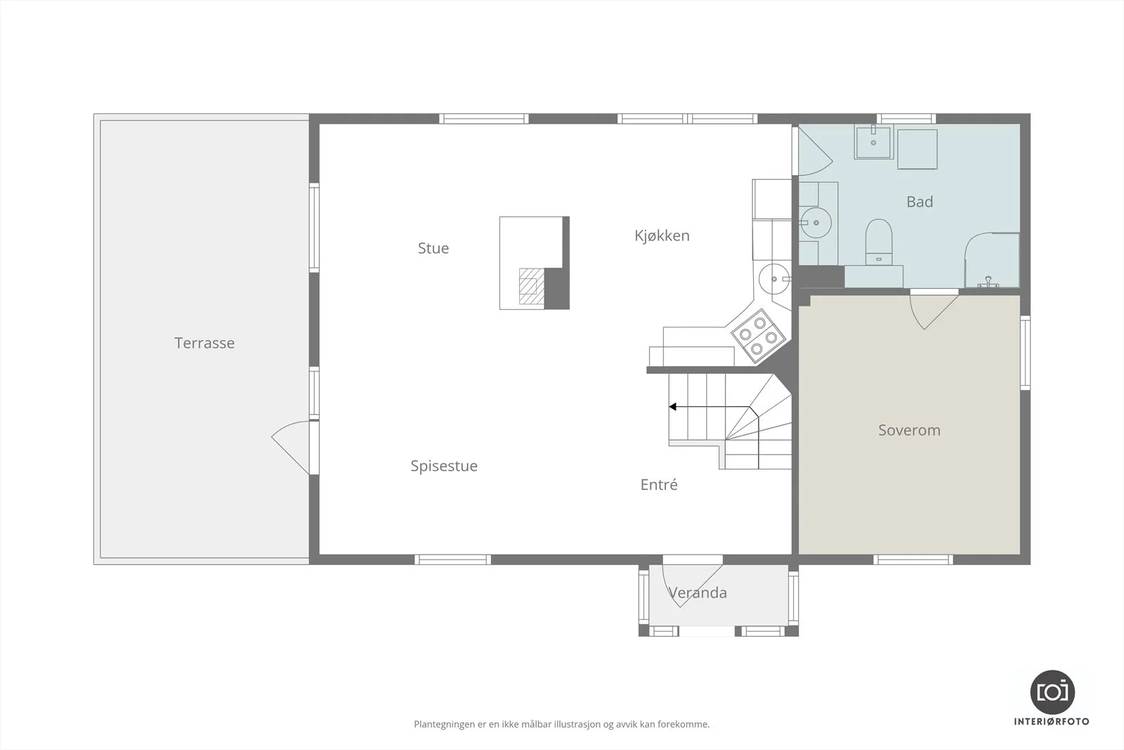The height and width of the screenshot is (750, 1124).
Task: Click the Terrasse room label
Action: pyautogui.click(x=204, y=343)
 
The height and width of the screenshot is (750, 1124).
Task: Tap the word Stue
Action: pyautogui.click(x=433, y=248)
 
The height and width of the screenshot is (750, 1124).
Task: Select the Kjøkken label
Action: pyautogui.click(x=662, y=235)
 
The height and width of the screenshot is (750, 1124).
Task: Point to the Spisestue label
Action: pyautogui.click(x=444, y=466)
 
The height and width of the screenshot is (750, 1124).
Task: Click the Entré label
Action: pyautogui.click(x=659, y=484)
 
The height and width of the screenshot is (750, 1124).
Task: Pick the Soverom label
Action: pyautogui.click(x=909, y=430)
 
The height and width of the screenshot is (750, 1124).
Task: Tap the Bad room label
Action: pyautogui.click(x=920, y=202)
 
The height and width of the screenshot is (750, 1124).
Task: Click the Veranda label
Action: pyautogui.click(x=698, y=593)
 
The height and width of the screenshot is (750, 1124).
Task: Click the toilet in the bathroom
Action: pyautogui.click(x=879, y=242)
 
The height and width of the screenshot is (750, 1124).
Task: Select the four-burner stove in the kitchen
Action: pyautogui.click(x=758, y=335)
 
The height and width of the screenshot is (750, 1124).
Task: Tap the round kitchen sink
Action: pyautogui.click(x=774, y=278)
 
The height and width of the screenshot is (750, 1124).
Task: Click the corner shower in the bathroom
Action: pyautogui.click(x=992, y=260)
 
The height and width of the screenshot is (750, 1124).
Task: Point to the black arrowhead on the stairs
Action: pyautogui.click(x=672, y=406)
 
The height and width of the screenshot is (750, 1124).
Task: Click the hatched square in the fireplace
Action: pyautogui.click(x=531, y=286)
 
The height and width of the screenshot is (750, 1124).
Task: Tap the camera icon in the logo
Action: pyautogui.click(x=1053, y=692)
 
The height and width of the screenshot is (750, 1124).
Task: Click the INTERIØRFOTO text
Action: pyautogui.click(x=1052, y=722)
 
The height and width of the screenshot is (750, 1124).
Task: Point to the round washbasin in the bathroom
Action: pyautogui.click(x=816, y=222)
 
